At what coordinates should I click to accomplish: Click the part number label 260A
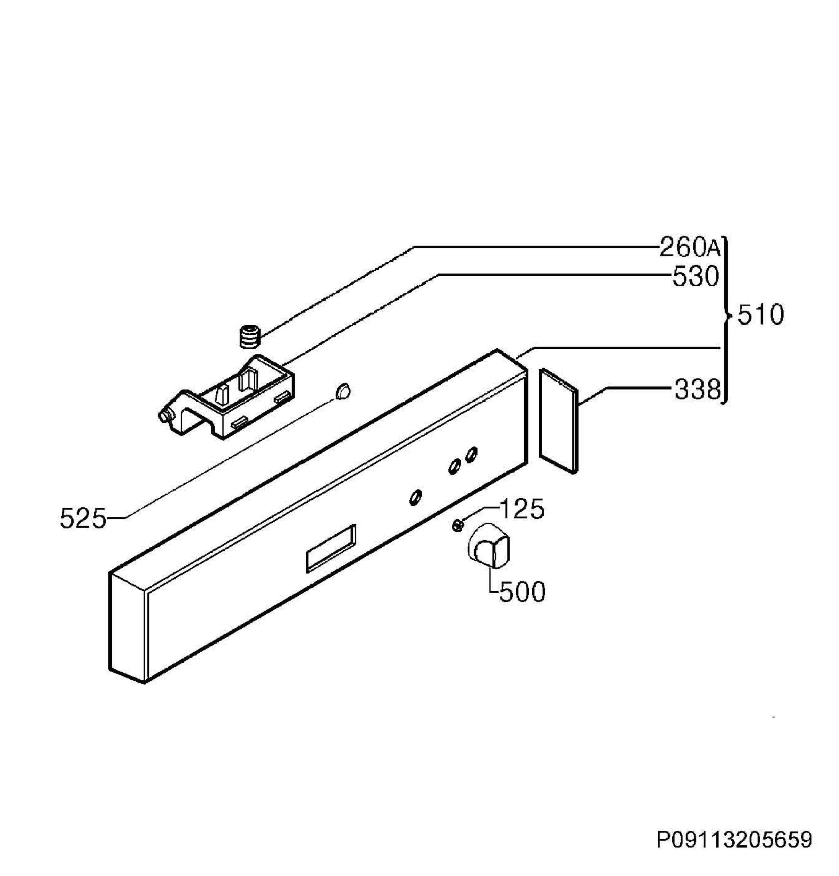pyautogui.click(x=689, y=247)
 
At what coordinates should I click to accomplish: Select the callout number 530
pyautogui.click(x=696, y=276)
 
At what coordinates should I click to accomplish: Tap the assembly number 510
pyautogui.click(x=760, y=315)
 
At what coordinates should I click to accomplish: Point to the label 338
pyautogui.click(x=697, y=389)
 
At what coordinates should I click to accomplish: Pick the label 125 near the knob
pyautogui.click(x=521, y=508)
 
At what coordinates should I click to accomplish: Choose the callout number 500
pyautogui.click(x=522, y=592)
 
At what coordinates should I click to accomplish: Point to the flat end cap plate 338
pyautogui.click(x=558, y=420)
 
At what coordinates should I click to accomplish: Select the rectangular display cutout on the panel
pyautogui.click(x=330, y=548)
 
